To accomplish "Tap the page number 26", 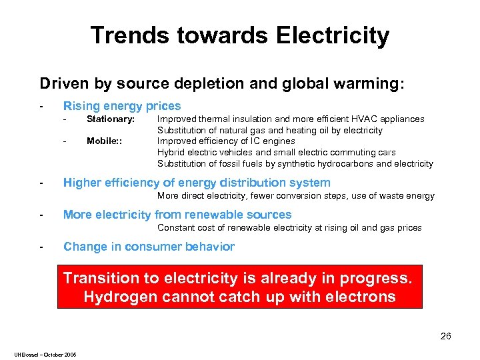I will click(445, 336).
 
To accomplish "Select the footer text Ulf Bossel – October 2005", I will click(44, 354).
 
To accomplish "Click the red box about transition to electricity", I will click(240, 287).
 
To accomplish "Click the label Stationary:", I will click(111, 119).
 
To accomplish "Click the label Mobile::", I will click(104, 141).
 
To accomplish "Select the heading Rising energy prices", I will click(122, 106).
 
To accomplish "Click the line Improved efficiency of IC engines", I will click(225, 141).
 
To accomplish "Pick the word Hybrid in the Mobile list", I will click(169, 153).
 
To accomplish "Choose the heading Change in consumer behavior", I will click(149, 247).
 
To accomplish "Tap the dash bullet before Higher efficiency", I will click(41, 183).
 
